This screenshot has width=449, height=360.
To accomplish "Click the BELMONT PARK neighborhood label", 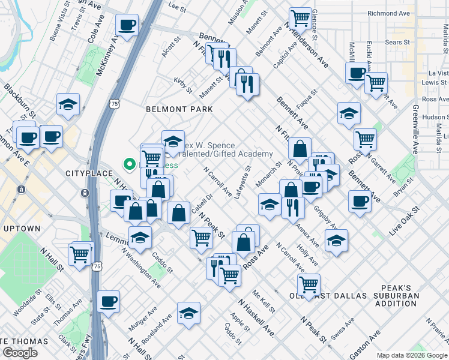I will [179, 110].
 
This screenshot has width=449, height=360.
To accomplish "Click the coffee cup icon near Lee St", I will [127, 25].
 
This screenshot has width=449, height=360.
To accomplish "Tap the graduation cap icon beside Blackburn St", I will [68, 104].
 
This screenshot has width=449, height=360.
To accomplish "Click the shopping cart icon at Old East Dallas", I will [309, 284].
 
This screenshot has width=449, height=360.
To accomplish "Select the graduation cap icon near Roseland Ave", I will [188, 313].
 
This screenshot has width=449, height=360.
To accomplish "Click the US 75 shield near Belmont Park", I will [114, 104].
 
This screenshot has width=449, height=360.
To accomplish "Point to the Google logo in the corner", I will [20, 353].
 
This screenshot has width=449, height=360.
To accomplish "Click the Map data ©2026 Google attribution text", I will [411, 355].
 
